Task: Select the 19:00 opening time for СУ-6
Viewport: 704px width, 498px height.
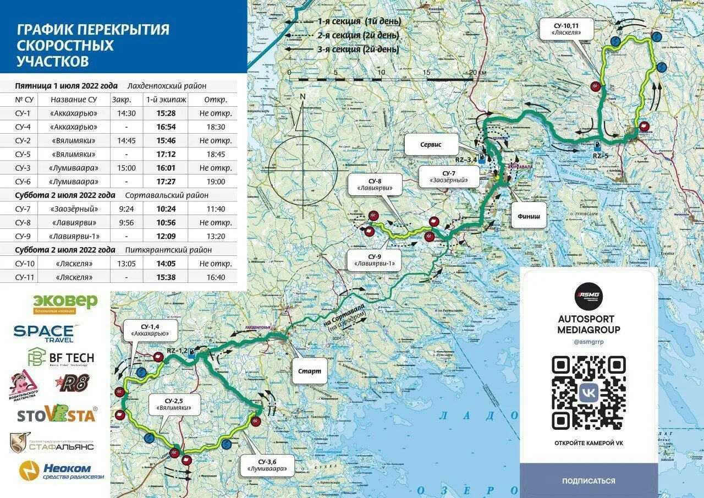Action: (215, 182)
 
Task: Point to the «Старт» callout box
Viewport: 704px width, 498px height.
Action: (309, 371)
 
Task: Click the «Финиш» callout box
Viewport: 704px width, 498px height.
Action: (529, 216)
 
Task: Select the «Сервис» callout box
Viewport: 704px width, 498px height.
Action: (431, 146)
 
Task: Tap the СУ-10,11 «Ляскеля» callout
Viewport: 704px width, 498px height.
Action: (574, 29)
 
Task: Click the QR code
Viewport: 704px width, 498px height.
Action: (588, 393)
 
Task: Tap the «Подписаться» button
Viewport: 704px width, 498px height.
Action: (588, 481)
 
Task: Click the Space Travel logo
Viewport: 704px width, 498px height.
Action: (44, 332)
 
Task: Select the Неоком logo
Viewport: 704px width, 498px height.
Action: (55, 471)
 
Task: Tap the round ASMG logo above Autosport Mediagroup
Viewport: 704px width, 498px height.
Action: (588, 296)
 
